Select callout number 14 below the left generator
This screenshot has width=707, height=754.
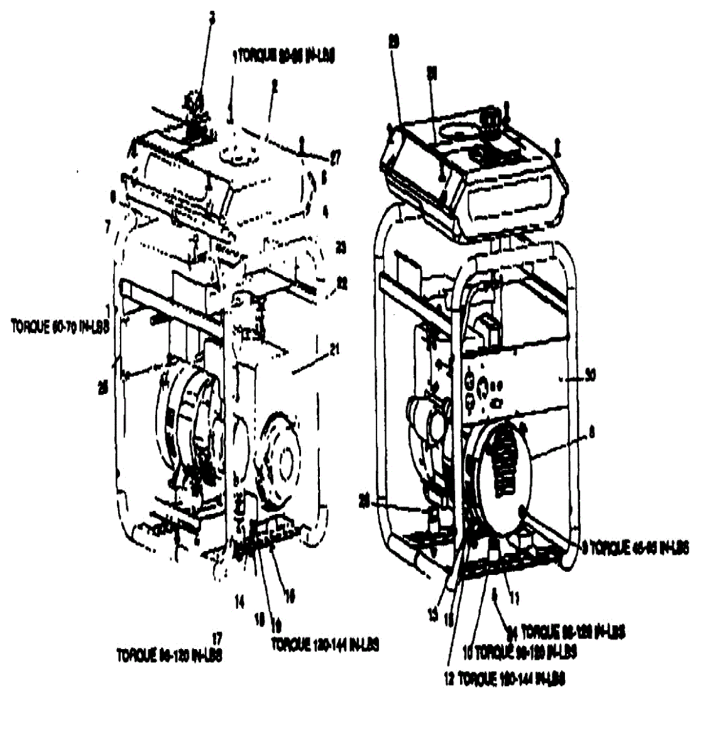tap(239, 602)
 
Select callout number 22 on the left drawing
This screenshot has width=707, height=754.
tap(342, 283)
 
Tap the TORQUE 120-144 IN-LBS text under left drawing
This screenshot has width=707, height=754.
tap(325, 645)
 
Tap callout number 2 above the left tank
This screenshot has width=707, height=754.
tap(274, 89)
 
